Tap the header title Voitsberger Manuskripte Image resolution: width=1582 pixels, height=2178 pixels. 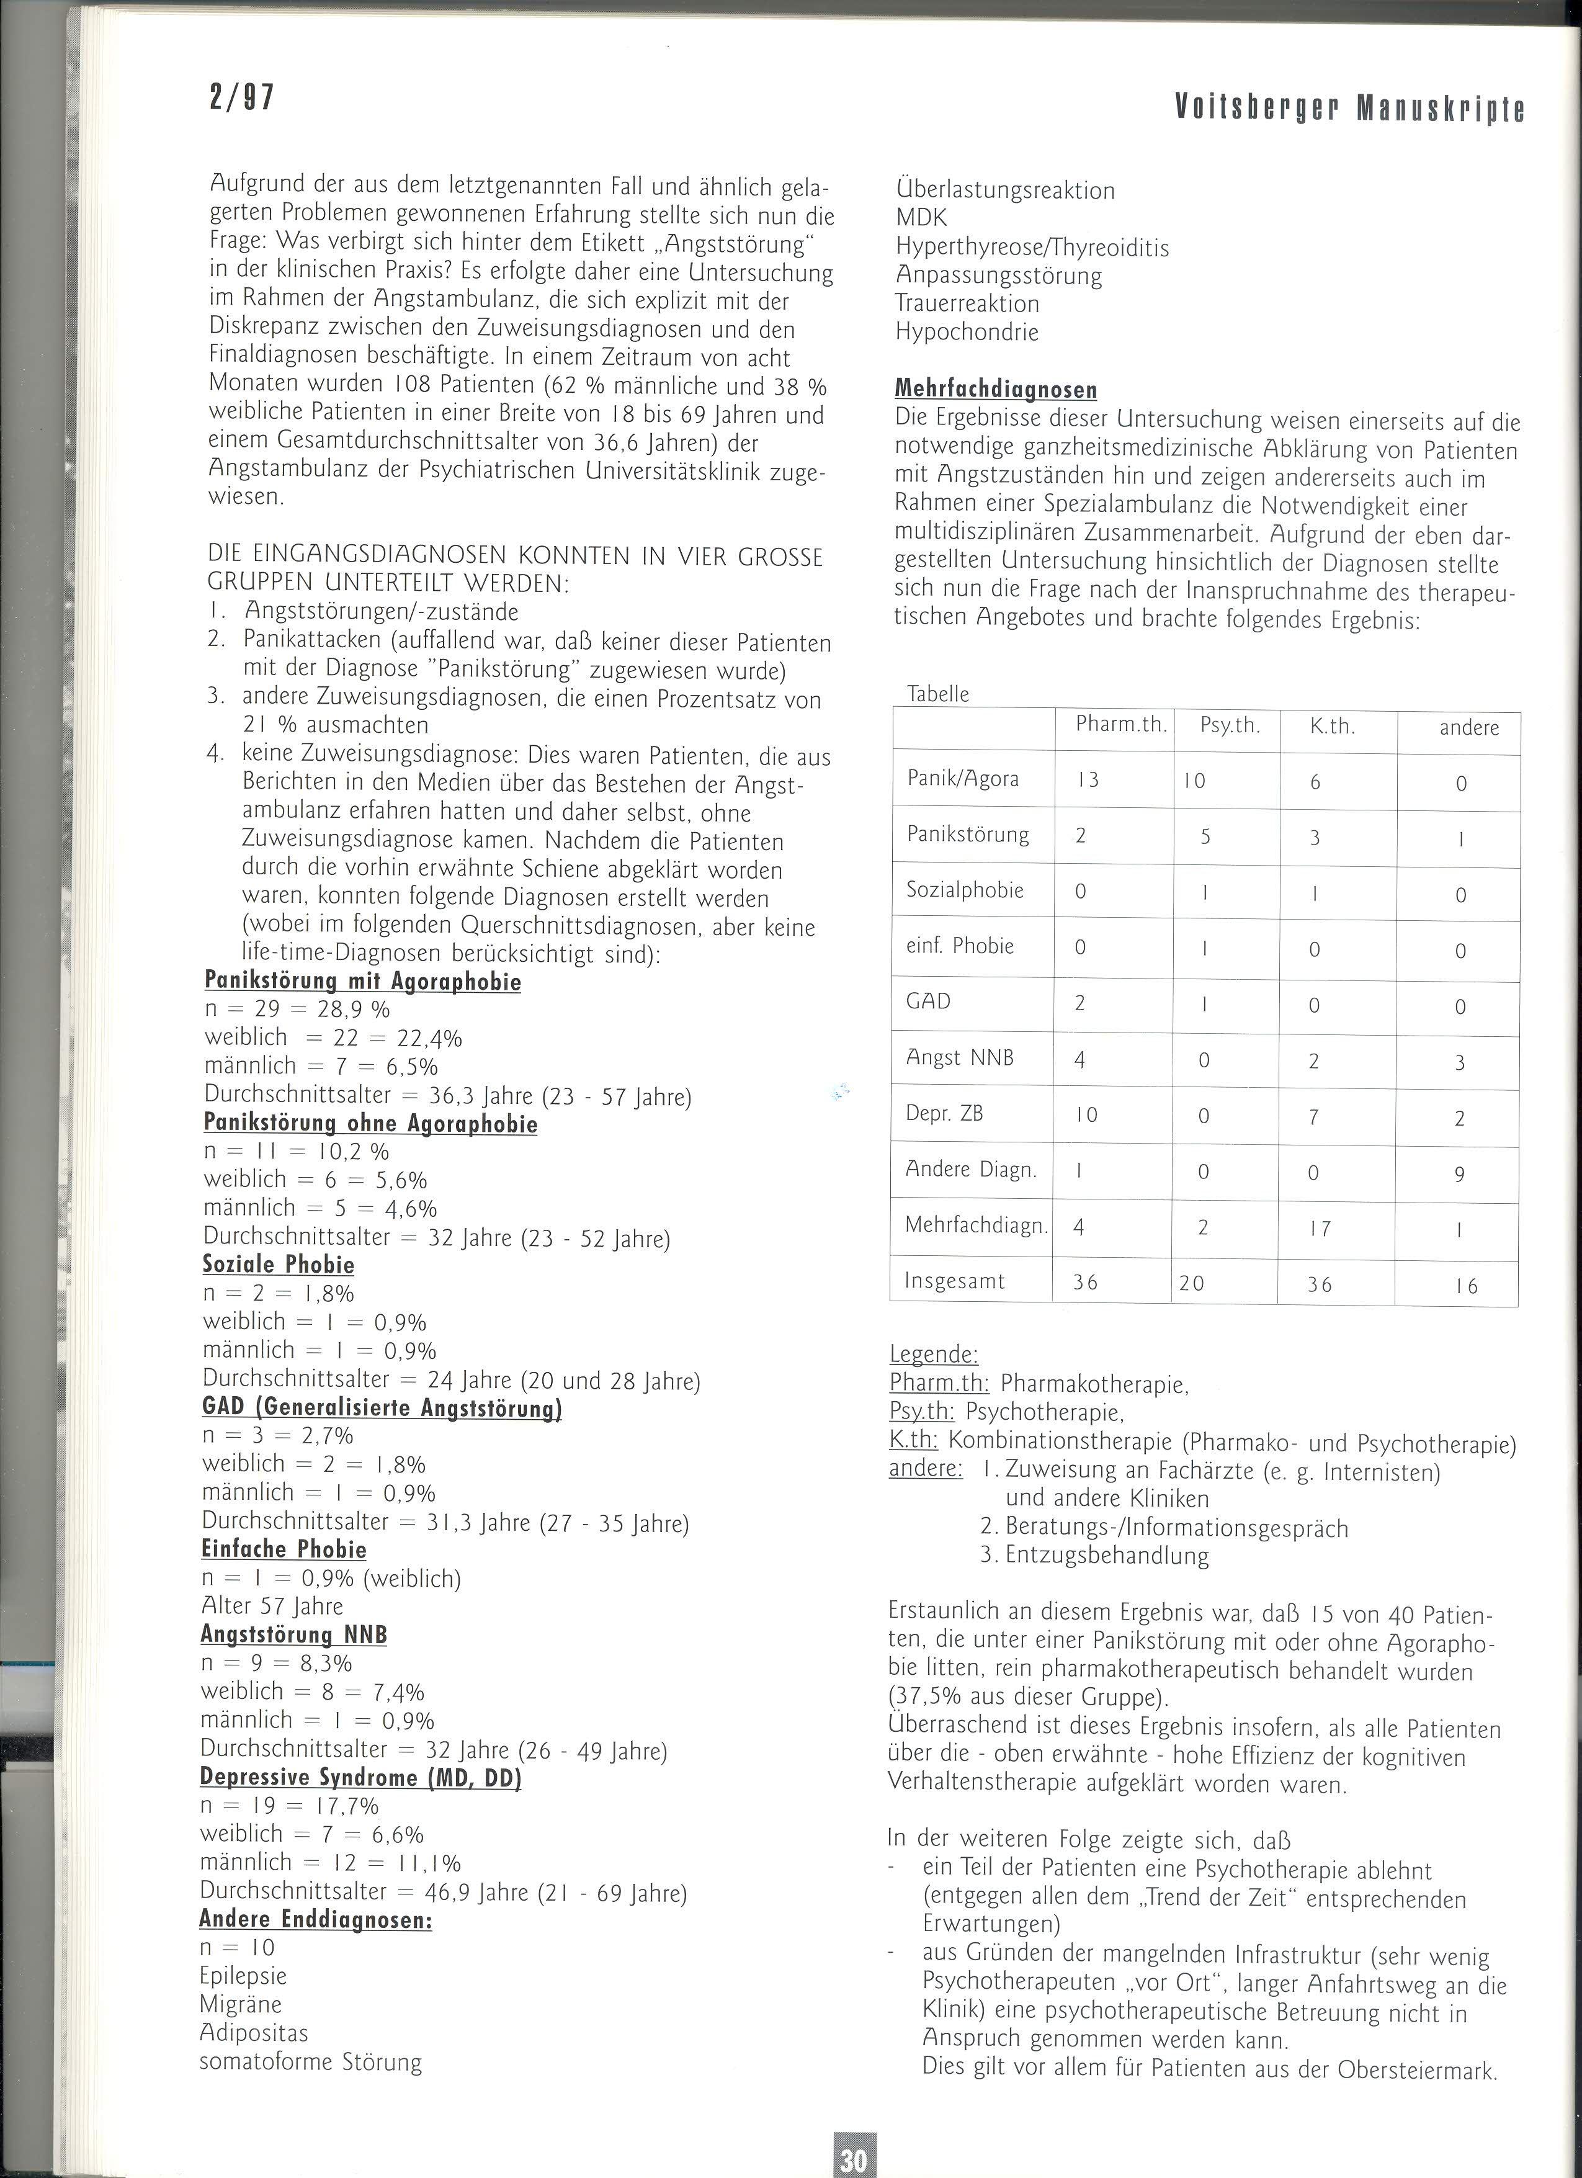coord(1350,109)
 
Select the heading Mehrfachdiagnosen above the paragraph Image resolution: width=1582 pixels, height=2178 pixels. coord(996,389)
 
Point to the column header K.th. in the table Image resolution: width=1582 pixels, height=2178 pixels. coord(1333,726)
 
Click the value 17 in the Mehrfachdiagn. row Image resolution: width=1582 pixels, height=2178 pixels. coord(1320,1228)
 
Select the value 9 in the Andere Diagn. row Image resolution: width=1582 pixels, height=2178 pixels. coord(1459,1173)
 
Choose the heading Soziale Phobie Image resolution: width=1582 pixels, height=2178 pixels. coord(279,1265)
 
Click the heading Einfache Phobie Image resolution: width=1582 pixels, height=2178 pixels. coord(284,1549)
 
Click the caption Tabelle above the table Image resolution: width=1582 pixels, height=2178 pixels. coord(938,693)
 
